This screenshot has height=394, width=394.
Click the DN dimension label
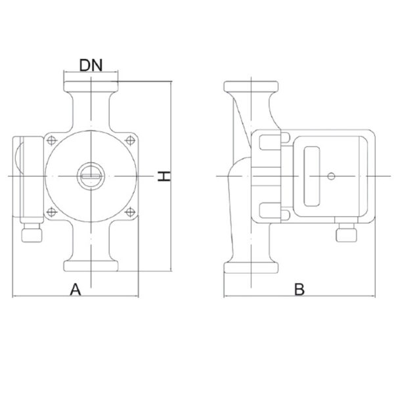(x=91, y=65)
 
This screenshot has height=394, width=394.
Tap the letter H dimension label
(x=164, y=176)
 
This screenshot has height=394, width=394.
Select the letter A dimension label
(x=76, y=290)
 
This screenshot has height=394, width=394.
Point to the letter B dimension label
(x=299, y=290)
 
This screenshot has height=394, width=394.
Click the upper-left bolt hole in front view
(x=52, y=141)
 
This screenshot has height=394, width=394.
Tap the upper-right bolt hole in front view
(x=130, y=141)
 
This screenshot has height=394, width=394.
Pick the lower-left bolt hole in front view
(x=52, y=212)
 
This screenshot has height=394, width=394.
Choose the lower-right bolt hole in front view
(x=130, y=212)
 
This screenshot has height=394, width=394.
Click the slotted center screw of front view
(x=91, y=176)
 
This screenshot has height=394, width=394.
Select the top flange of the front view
(x=91, y=87)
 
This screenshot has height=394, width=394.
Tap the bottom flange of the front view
(x=91, y=266)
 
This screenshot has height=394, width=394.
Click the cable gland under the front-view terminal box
(x=32, y=233)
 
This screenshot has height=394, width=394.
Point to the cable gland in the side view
(x=346, y=232)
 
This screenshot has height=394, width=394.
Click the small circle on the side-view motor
(x=331, y=176)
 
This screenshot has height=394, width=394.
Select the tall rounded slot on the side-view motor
(x=312, y=177)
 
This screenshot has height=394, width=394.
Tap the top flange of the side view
(x=251, y=87)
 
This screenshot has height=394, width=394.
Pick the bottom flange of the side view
(x=251, y=268)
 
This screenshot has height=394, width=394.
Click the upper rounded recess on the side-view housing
(x=270, y=142)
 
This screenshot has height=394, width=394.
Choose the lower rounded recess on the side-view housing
(x=270, y=210)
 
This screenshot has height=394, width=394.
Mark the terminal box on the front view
(x=28, y=180)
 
